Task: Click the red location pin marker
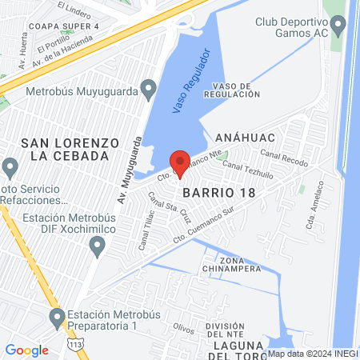click(181, 163)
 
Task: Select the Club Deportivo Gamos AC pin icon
click(338, 27)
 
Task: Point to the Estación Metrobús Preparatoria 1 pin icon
click(57, 319)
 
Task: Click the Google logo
click(26, 350)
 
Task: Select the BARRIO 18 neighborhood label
click(218, 194)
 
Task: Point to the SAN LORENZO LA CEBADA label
click(70, 148)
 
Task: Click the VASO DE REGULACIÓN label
click(232, 90)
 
